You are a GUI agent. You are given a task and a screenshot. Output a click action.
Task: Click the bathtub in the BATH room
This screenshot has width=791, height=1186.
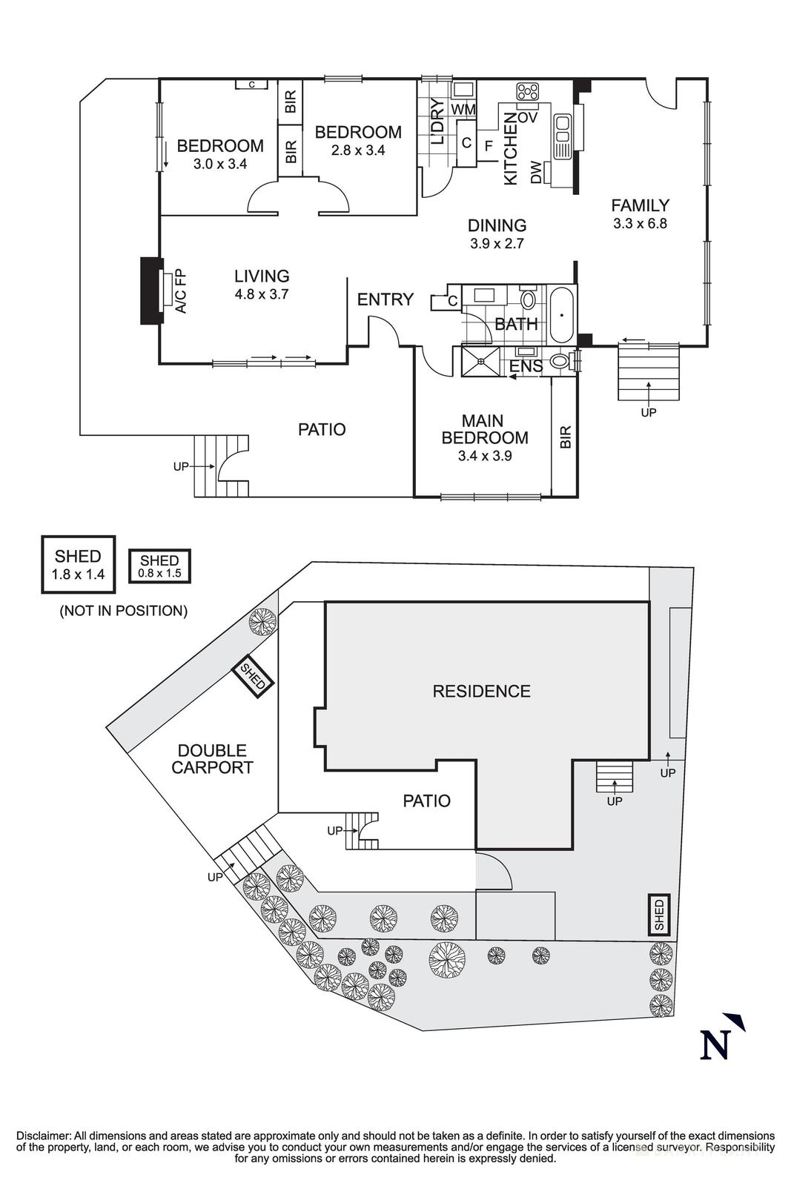562,315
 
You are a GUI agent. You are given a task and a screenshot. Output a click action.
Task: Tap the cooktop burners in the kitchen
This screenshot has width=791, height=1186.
529,92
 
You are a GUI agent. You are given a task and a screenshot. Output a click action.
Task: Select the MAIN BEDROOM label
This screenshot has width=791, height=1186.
484,429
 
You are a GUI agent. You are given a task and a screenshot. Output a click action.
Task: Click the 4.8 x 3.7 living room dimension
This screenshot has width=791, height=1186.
261,294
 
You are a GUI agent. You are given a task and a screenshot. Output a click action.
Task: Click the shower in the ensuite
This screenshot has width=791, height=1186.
482,361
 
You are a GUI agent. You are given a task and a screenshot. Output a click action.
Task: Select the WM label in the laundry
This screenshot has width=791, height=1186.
463,110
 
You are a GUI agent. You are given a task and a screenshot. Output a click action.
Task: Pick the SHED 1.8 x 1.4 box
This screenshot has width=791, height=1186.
78,564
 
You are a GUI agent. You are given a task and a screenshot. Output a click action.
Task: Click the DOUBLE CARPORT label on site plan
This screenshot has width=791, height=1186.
212,759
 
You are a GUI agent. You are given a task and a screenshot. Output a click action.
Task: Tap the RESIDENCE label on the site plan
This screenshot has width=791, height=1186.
481,691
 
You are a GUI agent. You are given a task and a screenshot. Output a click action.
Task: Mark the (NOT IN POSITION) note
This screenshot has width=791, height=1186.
123,611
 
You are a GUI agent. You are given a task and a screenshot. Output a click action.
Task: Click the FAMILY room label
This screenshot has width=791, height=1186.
640,205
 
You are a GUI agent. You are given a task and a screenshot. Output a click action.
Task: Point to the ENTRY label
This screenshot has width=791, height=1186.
385,299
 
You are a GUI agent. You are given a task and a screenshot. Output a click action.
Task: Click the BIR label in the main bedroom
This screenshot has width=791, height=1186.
565,437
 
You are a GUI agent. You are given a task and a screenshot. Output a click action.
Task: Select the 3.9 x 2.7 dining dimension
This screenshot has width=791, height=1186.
497,243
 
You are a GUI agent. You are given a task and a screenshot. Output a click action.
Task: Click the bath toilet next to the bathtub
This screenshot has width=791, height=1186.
529,300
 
